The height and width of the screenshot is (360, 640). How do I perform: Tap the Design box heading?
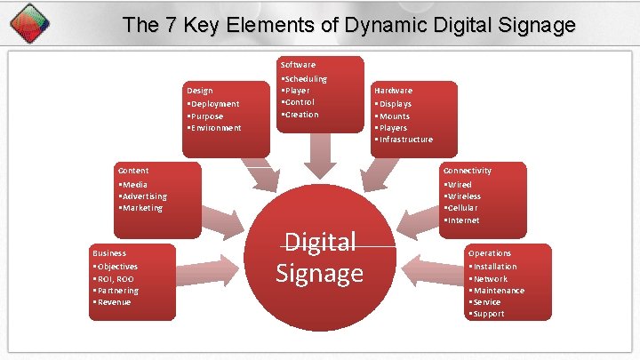point(200,91)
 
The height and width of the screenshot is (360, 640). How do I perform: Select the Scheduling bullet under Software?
point(305,79)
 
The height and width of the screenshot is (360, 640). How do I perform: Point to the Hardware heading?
point(393,91)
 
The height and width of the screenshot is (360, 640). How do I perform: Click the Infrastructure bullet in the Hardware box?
point(405,140)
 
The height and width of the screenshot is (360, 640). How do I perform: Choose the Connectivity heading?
point(468,171)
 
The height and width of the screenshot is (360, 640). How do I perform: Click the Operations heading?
point(490,253)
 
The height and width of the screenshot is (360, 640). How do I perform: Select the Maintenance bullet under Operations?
point(498,291)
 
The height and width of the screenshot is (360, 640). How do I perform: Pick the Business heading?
point(109,253)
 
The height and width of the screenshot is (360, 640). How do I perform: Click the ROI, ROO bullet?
point(115,279)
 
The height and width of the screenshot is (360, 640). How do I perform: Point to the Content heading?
point(133,171)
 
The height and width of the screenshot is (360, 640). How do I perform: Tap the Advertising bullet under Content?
point(144,196)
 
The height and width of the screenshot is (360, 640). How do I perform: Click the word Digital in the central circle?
point(319,241)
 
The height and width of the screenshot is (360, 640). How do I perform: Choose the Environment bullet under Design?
point(214,128)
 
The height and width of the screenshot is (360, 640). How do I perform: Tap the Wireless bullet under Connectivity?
point(464,196)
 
